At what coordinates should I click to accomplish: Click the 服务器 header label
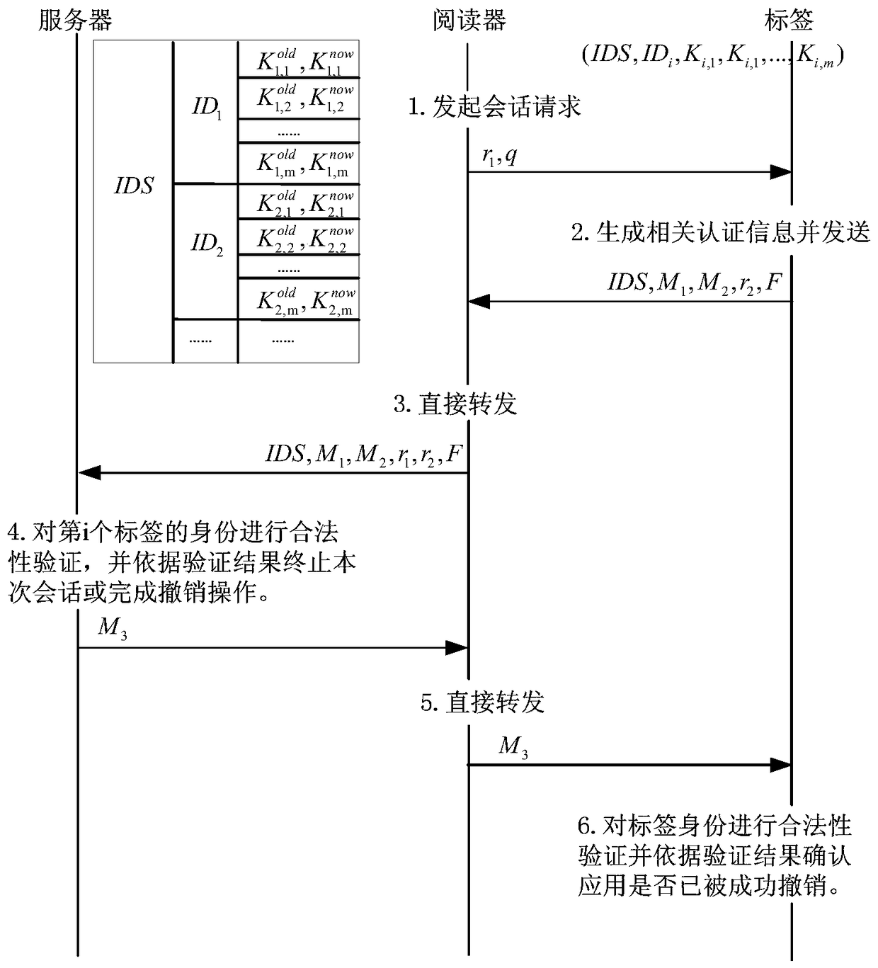tap(75, 20)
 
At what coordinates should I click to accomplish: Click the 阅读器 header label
tap(468, 20)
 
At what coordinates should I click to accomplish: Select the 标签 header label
tap(789, 20)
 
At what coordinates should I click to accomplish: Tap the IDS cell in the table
tap(134, 186)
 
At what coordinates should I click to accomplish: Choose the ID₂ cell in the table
tap(206, 244)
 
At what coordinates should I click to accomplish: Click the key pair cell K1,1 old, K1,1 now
tap(300, 62)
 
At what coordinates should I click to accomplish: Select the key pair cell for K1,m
tap(300, 164)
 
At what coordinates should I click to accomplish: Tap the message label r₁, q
tap(499, 156)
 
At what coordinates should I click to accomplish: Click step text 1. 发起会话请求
tap(494, 107)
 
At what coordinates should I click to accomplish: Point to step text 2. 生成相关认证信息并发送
tap(720, 232)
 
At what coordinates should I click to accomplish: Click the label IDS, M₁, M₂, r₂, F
tap(694, 283)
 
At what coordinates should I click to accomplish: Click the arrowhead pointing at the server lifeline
tap(89, 472)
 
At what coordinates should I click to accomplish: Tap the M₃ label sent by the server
tap(112, 628)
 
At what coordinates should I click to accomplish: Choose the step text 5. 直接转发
tap(482, 702)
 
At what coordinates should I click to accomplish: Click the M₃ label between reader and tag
tap(513, 746)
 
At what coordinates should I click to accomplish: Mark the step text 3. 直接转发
tap(455, 404)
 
